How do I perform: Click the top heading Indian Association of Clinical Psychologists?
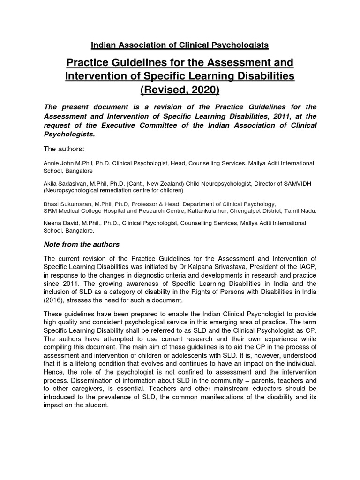click(x=180, y=45)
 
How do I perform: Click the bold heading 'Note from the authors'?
click(x=81, y=244)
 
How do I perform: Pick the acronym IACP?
click(x=307, y=266)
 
